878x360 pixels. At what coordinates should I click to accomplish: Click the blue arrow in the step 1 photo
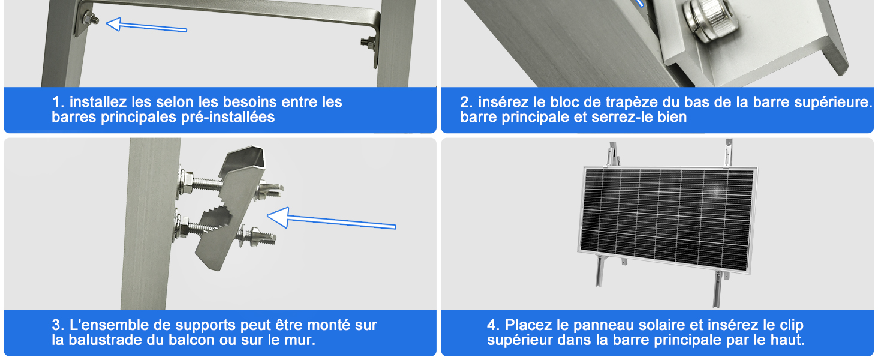coord(146,25)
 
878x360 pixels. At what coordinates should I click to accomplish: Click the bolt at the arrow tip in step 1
coord(91,20)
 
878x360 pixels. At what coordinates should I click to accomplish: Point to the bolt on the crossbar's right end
coord(368,41)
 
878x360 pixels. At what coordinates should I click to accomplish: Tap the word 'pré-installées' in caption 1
coord(228,117)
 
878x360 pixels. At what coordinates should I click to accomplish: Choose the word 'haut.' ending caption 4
coord(787,340)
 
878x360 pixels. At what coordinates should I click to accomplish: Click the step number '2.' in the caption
coord(467,102)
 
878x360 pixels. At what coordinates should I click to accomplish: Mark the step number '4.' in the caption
coord(494,325)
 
